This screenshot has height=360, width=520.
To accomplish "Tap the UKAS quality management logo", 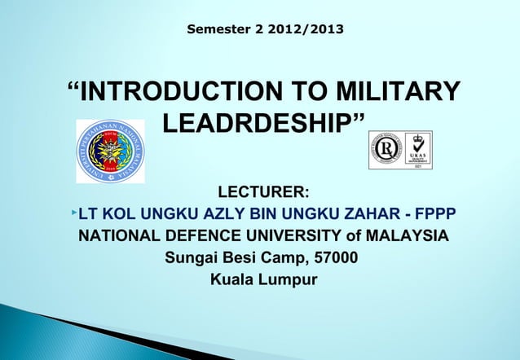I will click(419, 149).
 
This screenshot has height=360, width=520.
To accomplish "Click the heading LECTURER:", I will click(262, 193).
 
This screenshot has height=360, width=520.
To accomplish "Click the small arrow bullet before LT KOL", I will click(73, 213).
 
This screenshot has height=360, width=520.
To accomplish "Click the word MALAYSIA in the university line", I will click(406, 237).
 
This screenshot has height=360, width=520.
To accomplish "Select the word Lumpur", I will click(289, 283).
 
